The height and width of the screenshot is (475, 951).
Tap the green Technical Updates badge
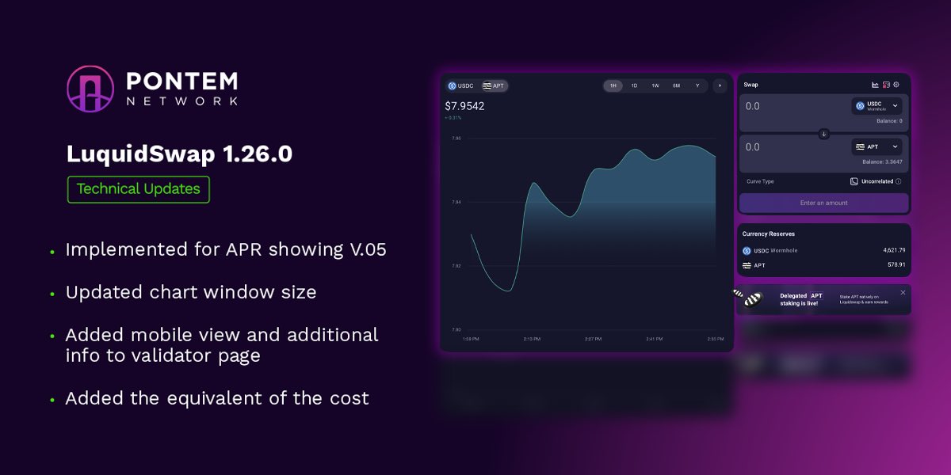pos(139,189)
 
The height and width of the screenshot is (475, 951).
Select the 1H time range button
pos(613,85)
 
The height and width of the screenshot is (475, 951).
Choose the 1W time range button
pos(655,85)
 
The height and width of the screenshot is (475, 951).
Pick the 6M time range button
pos(676,85)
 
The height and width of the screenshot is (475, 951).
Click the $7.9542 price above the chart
pos(464,106)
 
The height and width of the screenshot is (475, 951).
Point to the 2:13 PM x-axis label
pos(532,339)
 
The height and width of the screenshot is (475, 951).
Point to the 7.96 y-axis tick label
pos(456,139)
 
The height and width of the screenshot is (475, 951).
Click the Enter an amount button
pos(823,203)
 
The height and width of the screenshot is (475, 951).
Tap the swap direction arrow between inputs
pos(823,134)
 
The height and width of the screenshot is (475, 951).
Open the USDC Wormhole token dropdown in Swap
pos(877,106)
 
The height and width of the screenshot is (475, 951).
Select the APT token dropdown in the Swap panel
pos(877,146)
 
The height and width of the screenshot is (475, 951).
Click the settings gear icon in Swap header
pos(896,85)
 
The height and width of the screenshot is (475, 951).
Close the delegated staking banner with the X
pos(903,292)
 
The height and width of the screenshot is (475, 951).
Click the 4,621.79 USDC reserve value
pos(894,250)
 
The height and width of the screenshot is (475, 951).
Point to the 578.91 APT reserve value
pos(896,265)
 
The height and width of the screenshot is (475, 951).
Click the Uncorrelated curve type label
pos(877,181)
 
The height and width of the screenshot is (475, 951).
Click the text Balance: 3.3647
pos(882,161)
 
